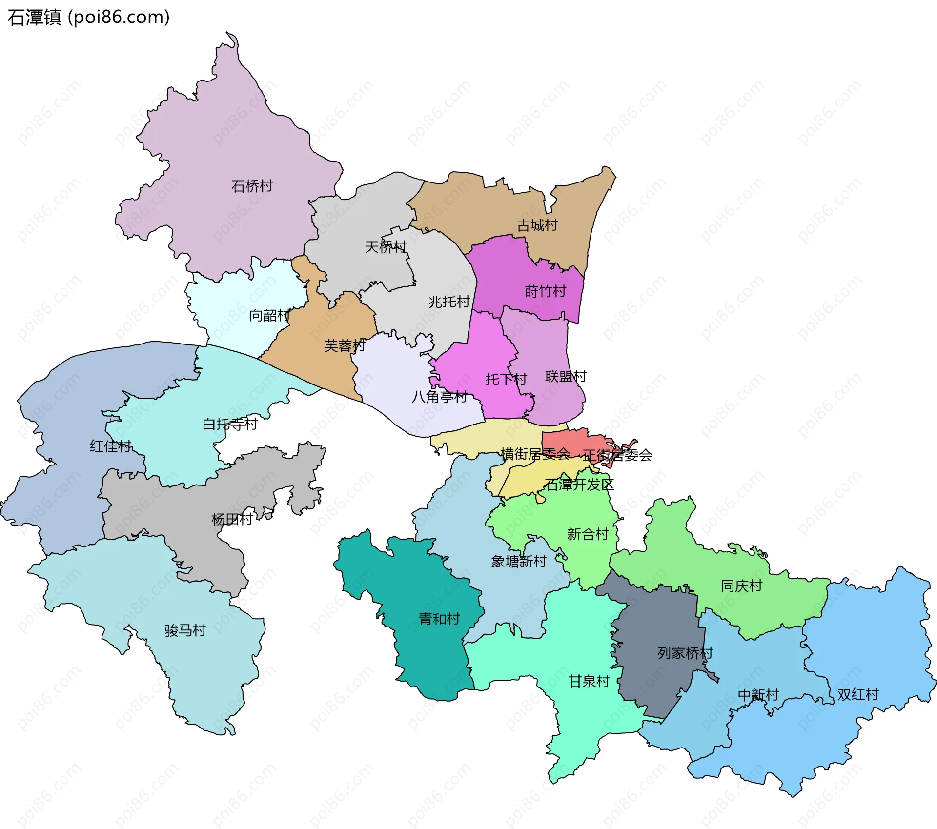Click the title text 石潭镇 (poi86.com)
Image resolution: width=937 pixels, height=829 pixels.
pos(88,18)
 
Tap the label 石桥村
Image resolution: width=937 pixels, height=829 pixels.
pos(252,186)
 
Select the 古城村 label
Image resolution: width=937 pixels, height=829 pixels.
pos(537,225)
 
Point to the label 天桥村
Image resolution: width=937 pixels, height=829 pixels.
pos(386,247)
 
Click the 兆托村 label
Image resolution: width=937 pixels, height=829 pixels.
pos(449,302)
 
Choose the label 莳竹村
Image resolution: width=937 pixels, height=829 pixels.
pos(545,291)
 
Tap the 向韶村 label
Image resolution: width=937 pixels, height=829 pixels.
pos(269,316)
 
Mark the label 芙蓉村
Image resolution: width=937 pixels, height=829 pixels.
pos(345,346)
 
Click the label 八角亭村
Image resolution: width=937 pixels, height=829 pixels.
pos(440,397)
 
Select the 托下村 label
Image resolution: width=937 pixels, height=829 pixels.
pos(506,379)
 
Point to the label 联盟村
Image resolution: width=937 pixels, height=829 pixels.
pos(566,377)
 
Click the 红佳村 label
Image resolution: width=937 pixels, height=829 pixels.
pos(111,446)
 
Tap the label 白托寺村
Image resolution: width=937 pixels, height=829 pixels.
pos(230,424)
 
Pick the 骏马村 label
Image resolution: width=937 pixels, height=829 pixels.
pos(185,630)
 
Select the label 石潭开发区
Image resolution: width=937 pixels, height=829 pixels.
pos(579,485)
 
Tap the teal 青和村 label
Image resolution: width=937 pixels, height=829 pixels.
pos(439,619)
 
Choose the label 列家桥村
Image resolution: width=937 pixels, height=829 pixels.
pos(685,653)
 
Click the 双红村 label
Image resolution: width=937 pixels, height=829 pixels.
pos(858,694)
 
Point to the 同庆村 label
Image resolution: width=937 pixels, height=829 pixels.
pos(741,586)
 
